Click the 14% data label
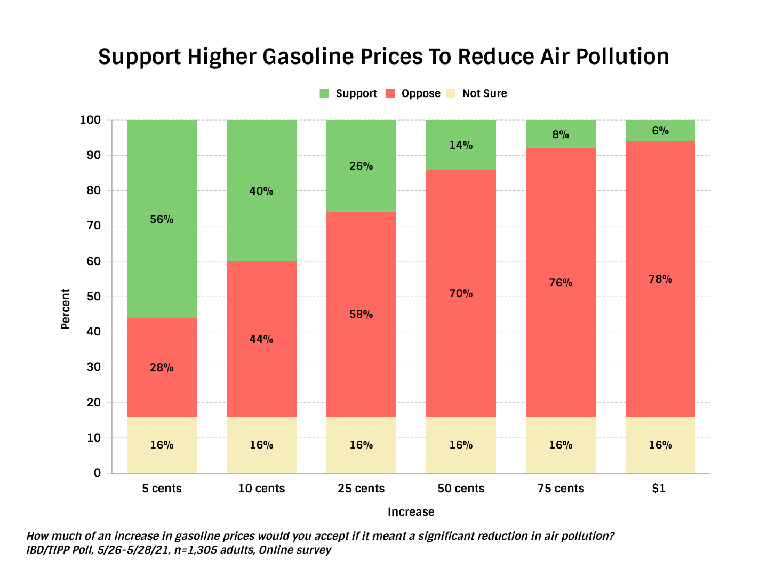click(x=461, y=145)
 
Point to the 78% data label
click(x=660, y=279)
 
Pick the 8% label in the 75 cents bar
click(x=561, y=134)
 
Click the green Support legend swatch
click(x=324, y=93)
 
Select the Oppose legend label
click(x=421, y=93)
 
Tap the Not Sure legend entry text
click(x=484, y=93)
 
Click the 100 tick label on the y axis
click(x=90, y=120)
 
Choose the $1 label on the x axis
click(x=659, y=489)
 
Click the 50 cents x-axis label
click(x=461, y=489)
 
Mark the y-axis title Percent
click(x=66, y=309)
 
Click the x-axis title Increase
click(x=411, y=512)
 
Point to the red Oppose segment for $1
click(x=660, y=320)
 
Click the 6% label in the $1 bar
click(x=660, y=131)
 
